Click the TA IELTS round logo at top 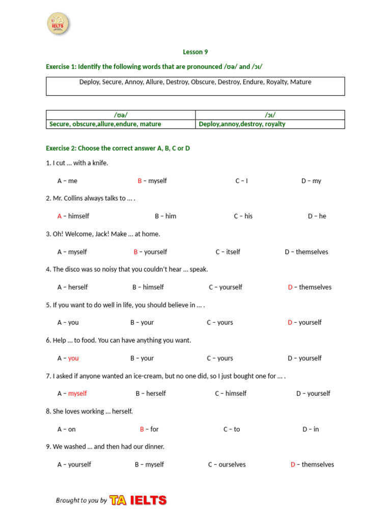58,24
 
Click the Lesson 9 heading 195,52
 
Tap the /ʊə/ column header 121,115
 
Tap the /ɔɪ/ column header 270,115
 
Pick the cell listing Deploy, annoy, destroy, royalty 242,124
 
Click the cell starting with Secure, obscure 105,124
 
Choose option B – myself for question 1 152,181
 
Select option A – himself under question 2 73,216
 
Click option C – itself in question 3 228,252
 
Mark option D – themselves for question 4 310,287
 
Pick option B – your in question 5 142,323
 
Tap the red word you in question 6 73,358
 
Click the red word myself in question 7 77,393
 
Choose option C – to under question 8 232,429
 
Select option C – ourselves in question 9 227,465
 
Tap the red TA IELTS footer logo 138,500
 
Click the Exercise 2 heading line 118,148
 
